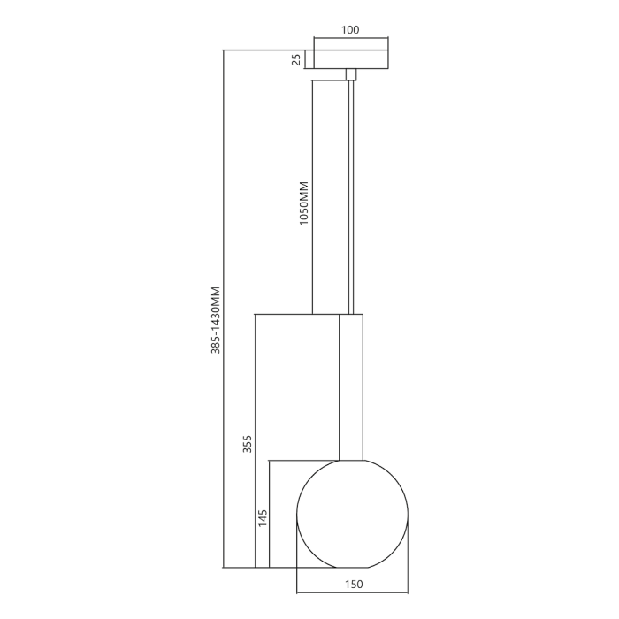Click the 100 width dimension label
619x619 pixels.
point(350,30)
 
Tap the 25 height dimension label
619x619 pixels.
point(298,59)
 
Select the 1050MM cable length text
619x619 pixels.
point(303,204)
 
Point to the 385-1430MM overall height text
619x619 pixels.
point(214,319)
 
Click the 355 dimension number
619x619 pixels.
point(248,444)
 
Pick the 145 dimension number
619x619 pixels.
point(262,518)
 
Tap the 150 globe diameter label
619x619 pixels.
point(353,584)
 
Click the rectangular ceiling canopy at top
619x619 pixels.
point(350,59)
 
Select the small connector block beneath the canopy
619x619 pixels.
point(351,75)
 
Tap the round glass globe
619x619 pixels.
point(352,513)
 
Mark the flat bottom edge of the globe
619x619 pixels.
point(352,567)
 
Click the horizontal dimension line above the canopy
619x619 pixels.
point(350,39)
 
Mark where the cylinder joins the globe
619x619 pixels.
point(351,459)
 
